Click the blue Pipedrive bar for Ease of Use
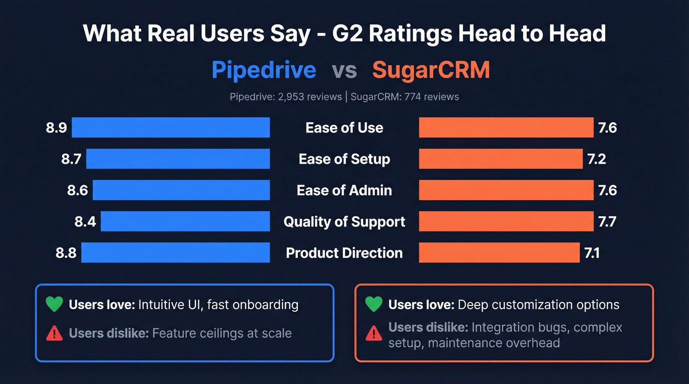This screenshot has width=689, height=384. coord(171,127)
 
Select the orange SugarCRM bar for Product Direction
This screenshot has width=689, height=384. coord(499,253)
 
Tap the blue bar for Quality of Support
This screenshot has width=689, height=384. coord(185,221)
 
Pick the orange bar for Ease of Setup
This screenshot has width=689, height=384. coord(501,159)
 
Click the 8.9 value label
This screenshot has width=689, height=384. coord(56,128)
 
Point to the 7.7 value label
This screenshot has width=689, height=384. coord(607,222)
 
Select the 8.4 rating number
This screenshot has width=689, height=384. coord(85,222)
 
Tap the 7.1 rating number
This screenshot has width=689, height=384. coord(592,253)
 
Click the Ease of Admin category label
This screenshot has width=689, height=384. coord(344,190)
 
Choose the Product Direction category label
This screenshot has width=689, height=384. coord(344,253)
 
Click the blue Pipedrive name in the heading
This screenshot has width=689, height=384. coord(264,70)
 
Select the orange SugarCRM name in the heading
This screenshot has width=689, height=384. coord(431,70)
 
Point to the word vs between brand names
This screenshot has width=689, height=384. coord(344,71)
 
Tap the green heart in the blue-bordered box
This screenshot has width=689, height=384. coord(54,304)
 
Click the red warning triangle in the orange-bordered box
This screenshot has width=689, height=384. coord(374,334)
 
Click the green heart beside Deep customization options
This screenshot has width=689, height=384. coord(374,304)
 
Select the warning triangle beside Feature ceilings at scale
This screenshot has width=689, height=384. coord(54,333)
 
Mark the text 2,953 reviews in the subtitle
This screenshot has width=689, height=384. coord(310,97)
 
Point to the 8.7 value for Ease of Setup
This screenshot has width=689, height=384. coord(71,159)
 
